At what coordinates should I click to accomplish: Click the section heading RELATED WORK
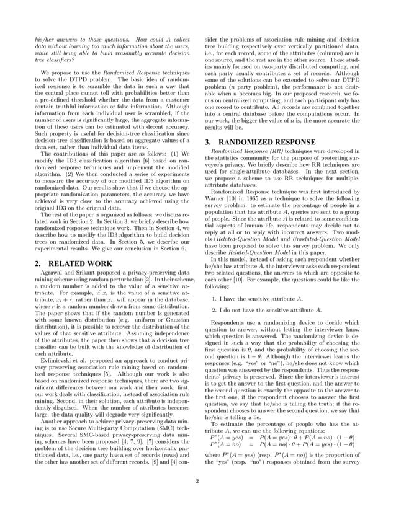[65, 262]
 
